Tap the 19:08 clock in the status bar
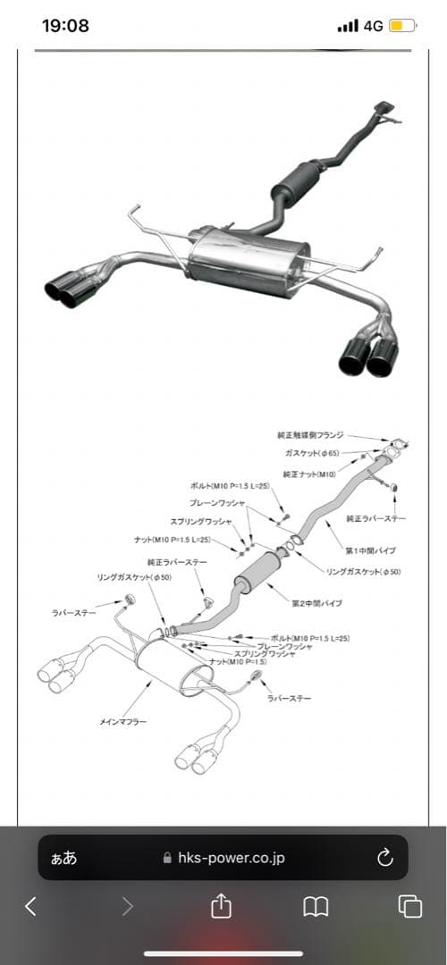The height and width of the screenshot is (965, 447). pyautogui.click(x=65, y=26)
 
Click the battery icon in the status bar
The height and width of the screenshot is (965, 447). pyautogui.click(x=401, y=26)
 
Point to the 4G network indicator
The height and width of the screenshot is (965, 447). pyautogui.click(x=373, y=26)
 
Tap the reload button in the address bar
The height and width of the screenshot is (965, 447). pyautogui.click(x=385, y=858)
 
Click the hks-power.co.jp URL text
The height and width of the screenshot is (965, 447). pyautogui.click(x=231, y=858)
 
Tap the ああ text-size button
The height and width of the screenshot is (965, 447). pyautogui.click(x=63, y=858)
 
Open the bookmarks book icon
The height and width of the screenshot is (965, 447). pyautogui.click(x=315, y=907)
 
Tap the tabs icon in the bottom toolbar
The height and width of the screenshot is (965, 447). pyautogui.click(x=410, y=907)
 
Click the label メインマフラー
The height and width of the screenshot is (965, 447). pyautogui.click(x=122, y=720)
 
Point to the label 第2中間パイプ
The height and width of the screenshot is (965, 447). pyautogui.click(x=316, y=603)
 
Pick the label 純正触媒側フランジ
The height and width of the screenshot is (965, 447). pyautogui.click(x=310, y=434)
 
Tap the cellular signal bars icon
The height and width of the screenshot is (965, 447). pyautogui.click(x=348, y=26)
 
